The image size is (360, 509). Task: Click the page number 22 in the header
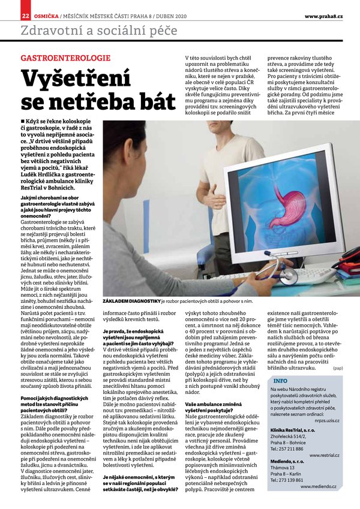pos(25,14)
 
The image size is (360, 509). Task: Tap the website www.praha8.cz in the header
pos(323,15)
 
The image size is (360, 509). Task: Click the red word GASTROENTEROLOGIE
pos(65,58)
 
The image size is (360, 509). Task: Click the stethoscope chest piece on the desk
pos(287,275)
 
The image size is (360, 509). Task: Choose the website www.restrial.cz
pos(325,456)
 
